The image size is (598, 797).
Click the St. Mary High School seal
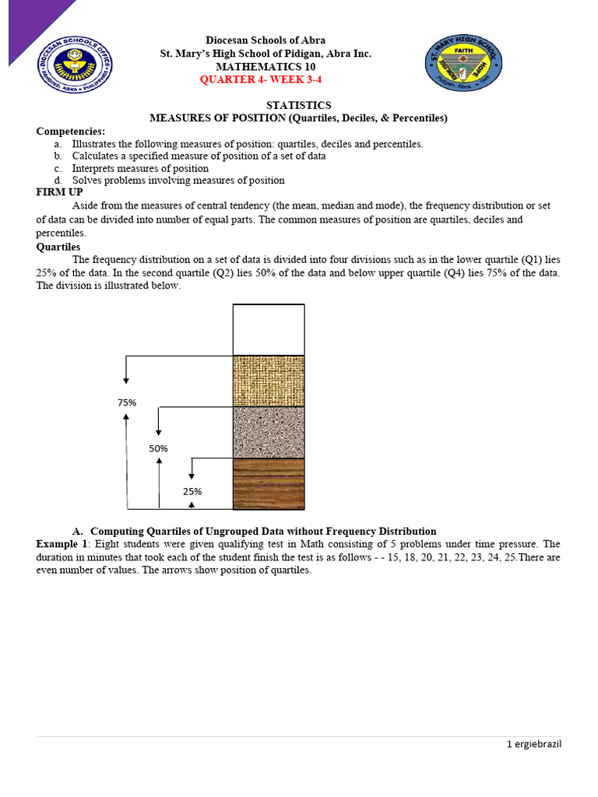(x=463, y=64)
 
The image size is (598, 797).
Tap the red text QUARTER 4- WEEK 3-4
(x=261, y=79)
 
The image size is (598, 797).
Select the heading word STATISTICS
(x=298, y=105)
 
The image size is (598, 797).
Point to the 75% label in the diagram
(x=127, y=402)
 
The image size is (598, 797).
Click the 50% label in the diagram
(x=159, y=448)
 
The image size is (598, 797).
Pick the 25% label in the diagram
(x=192, y=491)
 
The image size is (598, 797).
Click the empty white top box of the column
(x=269, y=329)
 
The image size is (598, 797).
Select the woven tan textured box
(x=269, y=381)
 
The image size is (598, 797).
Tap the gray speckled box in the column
(x=269, y=432)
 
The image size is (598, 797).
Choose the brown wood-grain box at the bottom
(x=269, y=483)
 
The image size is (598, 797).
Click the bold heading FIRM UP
(x=60, y=192)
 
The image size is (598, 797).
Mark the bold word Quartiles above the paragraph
(x=58, y=247)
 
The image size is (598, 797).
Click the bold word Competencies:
(x=71, y=131)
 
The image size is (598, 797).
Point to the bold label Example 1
(x=63, y=544)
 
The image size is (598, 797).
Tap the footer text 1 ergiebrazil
(x=533, y=744)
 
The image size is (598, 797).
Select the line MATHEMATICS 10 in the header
(x=266, y=67)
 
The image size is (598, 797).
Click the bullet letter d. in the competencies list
(x=58, y=181)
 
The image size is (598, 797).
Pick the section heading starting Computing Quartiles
(x=264, y=531)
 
